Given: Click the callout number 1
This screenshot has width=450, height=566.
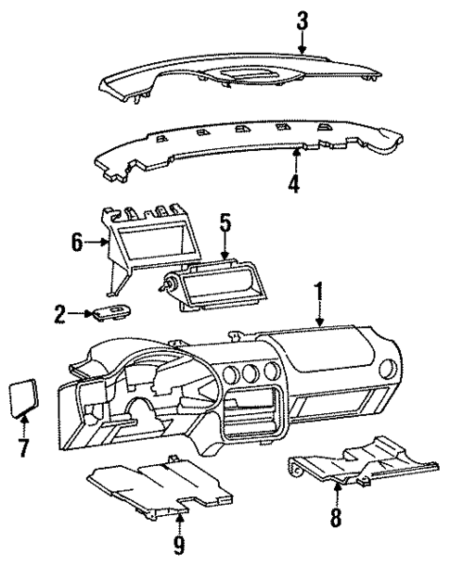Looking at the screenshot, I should [319, 296].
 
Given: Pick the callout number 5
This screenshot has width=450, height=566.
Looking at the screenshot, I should [225, 224].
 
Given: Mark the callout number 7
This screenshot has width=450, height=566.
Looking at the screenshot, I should [24, 449].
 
